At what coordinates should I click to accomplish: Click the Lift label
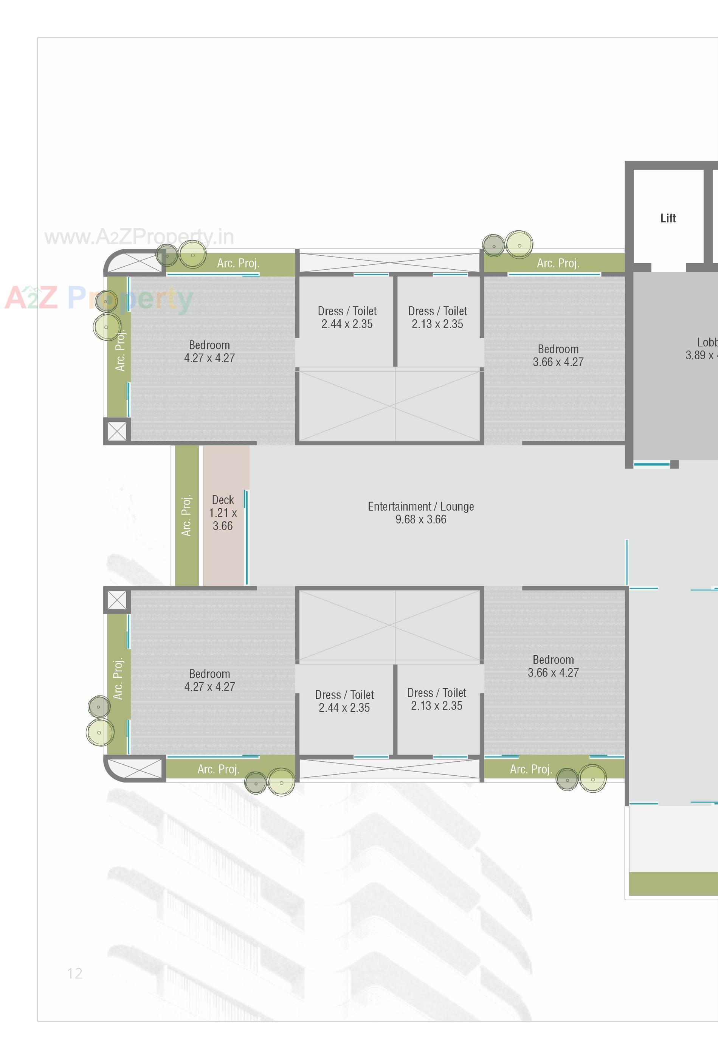[x=668, y=218]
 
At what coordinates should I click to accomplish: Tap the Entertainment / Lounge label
[x=420, y=512]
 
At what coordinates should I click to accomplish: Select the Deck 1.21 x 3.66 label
[x=223, y=512]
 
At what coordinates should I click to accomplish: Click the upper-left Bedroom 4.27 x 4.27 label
[x=209, y=351]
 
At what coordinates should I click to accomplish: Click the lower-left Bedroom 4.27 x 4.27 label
[x=209, y=680]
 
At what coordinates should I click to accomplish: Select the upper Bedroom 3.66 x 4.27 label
[x=558, y=356]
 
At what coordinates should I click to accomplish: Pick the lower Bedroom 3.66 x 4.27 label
[x=553, y=666]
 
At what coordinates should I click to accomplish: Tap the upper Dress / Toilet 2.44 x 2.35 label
[x=347, y=317]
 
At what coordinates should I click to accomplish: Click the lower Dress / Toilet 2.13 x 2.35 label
[x=436, y=699]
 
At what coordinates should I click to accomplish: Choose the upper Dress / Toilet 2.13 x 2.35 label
[x=437, y=317]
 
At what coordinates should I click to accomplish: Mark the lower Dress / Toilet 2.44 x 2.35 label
[x=344, y=701]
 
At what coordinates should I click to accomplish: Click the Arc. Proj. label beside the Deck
[x=187, y=515]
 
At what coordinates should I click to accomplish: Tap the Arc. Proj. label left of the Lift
[x=558, y=263]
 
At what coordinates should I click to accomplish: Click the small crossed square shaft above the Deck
[x=117, y=431]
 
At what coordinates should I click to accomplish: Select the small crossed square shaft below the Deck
[x=117, y=600]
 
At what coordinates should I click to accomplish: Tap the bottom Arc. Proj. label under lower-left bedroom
[x=218, y=769]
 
